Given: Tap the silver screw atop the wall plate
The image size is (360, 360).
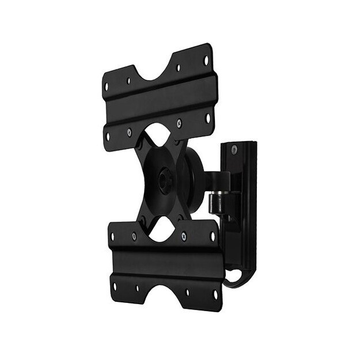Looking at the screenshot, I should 233,150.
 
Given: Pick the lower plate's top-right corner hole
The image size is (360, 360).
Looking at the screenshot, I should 212,235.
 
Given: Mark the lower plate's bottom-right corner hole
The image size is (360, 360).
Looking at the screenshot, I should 214,294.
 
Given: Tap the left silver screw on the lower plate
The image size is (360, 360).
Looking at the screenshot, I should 134,236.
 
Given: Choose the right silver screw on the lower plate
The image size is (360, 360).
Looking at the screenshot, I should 184,235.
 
